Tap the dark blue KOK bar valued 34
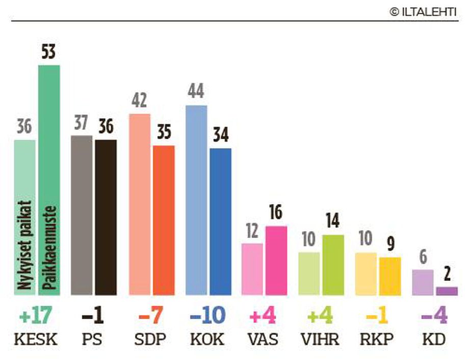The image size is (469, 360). pyautogui.click(x=221, y=221)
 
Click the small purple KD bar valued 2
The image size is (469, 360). pyautogui.click(x=447, y=291)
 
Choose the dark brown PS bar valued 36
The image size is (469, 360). pyautogui.click(x=106, y=217)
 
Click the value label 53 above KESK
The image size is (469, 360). pyautogui.click(x=49, y=53)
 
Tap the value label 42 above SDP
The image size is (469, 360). pyautogui.click(x=139, y=101)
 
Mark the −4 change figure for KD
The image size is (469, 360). pyautogui.click(x=434, y=317)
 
